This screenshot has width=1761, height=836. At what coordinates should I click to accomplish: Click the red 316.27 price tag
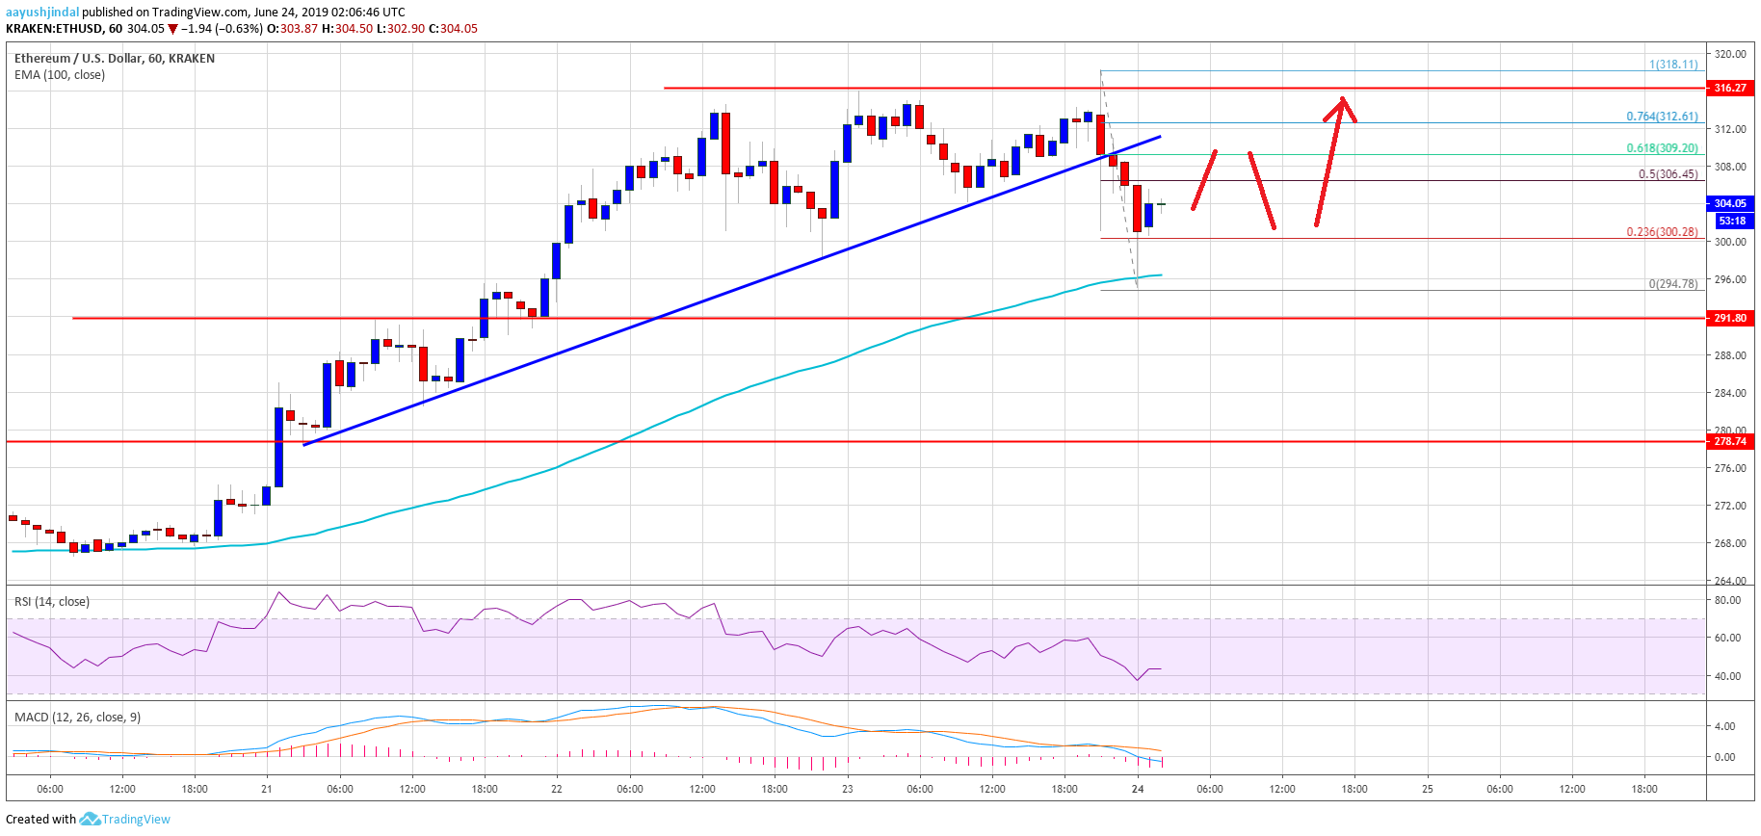tap(1729, 88)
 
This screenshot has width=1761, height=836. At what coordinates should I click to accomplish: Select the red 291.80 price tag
tap(1729, 318)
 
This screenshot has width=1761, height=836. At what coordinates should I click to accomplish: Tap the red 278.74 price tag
tap(1729, 441)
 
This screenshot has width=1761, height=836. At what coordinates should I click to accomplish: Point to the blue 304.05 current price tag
tap(1729, 203)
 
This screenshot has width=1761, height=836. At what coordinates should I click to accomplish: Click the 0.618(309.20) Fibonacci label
tap(1662, 148)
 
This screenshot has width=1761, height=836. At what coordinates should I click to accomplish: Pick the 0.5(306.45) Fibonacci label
tap(1668, 174)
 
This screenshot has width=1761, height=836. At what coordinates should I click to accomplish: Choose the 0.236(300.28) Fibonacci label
tap(1662, 232)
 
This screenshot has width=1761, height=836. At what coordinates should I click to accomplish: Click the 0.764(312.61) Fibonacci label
tap(1662, 117)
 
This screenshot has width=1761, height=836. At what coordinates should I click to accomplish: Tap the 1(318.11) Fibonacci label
tap(1673, 65)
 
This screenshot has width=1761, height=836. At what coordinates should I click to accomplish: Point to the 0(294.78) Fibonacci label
tap(1673, 284)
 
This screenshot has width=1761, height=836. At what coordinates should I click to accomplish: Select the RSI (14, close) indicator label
tap(52, 602)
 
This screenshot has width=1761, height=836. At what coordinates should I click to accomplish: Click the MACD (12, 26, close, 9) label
tap(77, 718)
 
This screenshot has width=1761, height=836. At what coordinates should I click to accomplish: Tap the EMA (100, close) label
tap(60, 75)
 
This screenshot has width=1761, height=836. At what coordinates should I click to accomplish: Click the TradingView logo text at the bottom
tap(135, 820)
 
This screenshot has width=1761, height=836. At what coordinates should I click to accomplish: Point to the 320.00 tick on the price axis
tap(1730, 54)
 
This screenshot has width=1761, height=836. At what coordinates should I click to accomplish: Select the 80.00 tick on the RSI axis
tap(1727, 600)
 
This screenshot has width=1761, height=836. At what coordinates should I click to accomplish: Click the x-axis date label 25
tap(1428, 789)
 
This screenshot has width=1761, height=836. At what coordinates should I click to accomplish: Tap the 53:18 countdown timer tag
tap(1730, 221)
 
